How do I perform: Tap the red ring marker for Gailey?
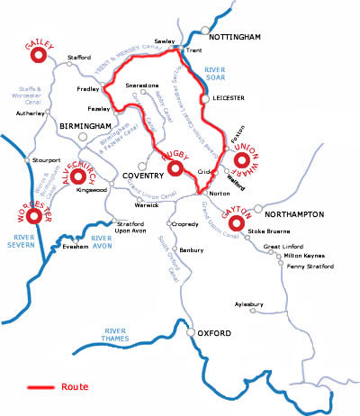pyautogui.click(x=39, y=57)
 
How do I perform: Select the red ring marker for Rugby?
pyautogui.click(x=176, y=168)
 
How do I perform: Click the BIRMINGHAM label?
pyautogui.click(x=83, y=126)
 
